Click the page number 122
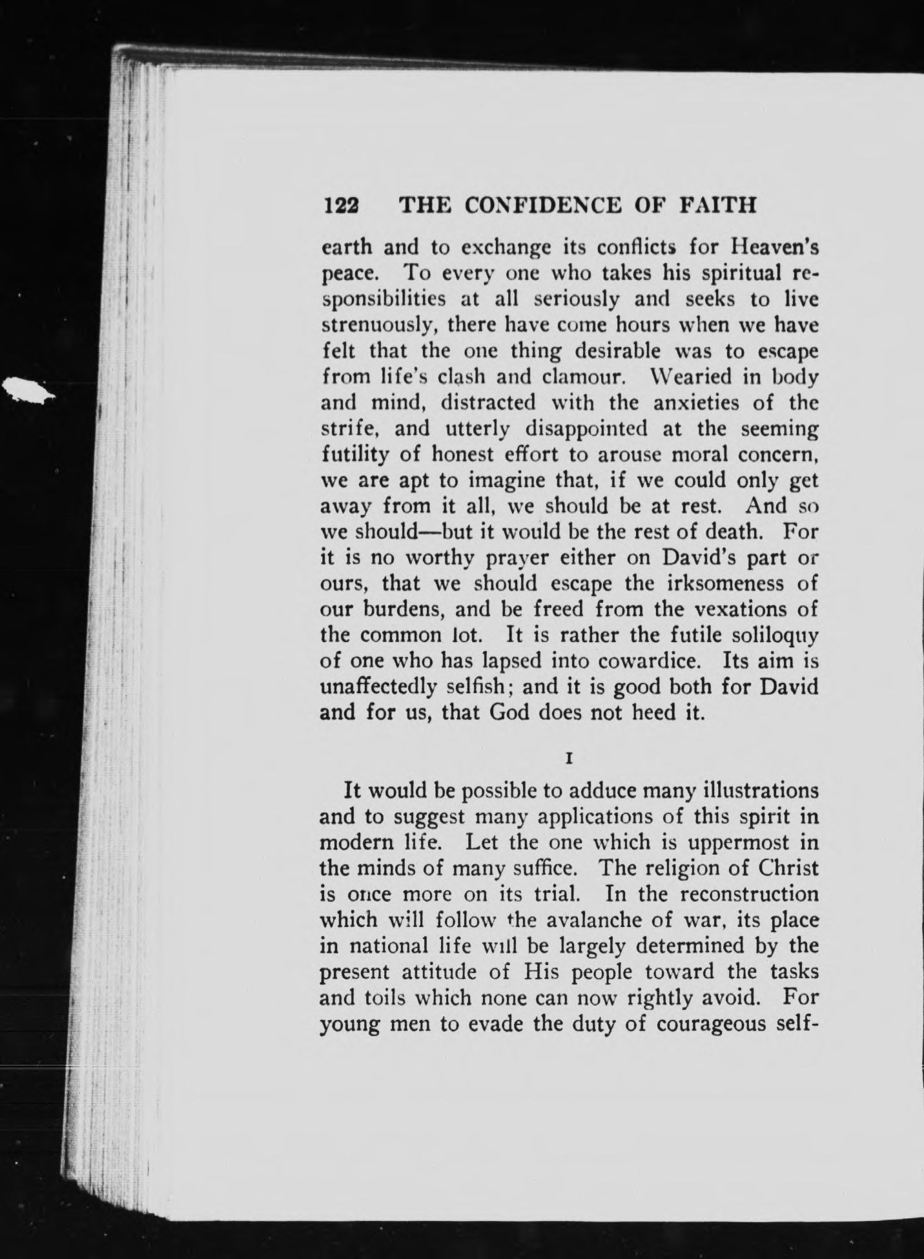(x=340, y=205)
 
